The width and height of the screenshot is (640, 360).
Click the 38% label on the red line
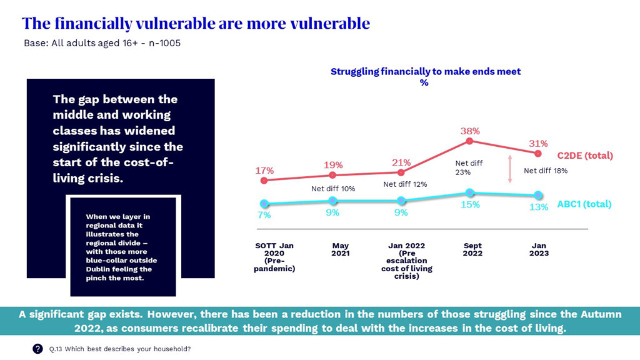(x=470, y=131)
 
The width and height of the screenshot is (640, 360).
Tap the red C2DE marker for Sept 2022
(x=470, y=142)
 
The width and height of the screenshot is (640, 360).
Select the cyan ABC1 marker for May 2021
(x=332, y=201)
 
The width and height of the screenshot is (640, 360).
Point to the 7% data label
(x=264, y=215)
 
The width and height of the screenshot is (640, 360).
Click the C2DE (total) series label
(x=584, y=156)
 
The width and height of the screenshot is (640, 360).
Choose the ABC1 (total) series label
(x=584, y=204)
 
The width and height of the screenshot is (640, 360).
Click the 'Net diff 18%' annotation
(x=546, y=171)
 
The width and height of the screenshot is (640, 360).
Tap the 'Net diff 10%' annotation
(x=333, y=189)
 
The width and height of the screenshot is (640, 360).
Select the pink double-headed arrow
(x=510, y=169)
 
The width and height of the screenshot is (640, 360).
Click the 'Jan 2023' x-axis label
(x=539, y=249)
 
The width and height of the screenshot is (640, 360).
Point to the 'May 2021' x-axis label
(x=341, y=249)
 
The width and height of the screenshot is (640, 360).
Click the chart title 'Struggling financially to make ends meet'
(x=425, y=72)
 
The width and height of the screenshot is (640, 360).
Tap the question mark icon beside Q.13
(x=37, y=349)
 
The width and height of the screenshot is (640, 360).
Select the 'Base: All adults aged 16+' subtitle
(x=102, y=44)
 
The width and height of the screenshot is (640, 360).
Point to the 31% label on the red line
(x=539, y=144)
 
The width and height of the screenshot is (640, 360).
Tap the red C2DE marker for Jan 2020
(x=264, y=180)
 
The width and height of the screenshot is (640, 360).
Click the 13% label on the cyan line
(x=539, y=207)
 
